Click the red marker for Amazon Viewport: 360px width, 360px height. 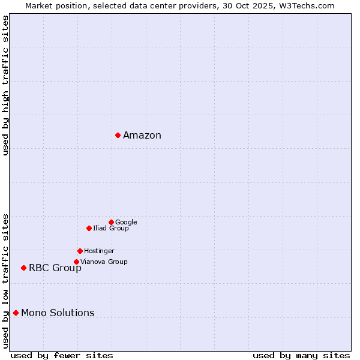[x=118, y=135]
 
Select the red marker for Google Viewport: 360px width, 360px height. [x=111, y=222]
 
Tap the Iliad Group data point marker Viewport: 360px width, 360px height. [x=89, y=228]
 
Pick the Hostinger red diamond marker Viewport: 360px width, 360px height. [x=80, y=251]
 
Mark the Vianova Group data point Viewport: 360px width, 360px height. [x=76, y=262]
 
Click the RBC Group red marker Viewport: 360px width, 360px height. [x=23, y=268]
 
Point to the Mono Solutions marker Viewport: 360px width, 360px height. [x=16, y=313]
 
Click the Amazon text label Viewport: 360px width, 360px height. [x=142, y=135]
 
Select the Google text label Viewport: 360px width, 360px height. [x=126, y=222]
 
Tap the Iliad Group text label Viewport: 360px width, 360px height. [x=111, y=228]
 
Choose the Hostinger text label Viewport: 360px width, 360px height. [x=99, y=251]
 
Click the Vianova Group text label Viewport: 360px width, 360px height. [x=104, y=262]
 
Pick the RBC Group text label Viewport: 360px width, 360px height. [x=55, y=268]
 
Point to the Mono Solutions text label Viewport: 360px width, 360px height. [x=58, y=313]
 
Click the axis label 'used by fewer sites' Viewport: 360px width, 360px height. [x=62, y=355]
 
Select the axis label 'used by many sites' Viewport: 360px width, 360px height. [x=301, y=355]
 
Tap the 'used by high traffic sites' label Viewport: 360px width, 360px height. [x=5, y=85]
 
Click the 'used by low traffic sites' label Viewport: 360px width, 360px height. [x=5, y=280]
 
